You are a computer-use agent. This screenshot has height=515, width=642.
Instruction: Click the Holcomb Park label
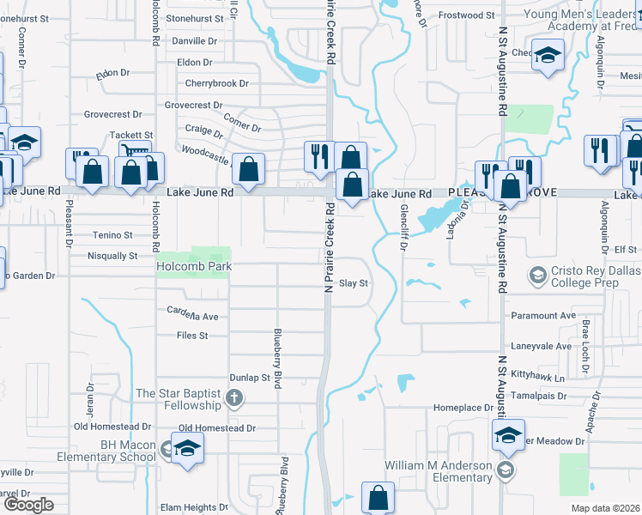tap(194, 266)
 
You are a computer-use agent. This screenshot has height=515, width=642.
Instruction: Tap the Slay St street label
tap(354, 283)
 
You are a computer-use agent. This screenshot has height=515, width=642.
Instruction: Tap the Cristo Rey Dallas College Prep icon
tap(538, 276)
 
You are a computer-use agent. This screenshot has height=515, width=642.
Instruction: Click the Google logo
tap(27, 505)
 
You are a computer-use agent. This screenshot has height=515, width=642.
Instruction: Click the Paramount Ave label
tap(542, 316)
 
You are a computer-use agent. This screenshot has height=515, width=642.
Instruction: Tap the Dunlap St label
tap(250, 378)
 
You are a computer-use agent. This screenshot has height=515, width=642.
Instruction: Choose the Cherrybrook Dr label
tap(217, 84)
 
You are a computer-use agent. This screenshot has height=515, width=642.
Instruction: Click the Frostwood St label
tap(467, 15)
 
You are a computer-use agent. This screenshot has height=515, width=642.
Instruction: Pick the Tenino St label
tap(112, 234)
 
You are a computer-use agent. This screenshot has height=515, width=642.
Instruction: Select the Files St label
tap(192, 336)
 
